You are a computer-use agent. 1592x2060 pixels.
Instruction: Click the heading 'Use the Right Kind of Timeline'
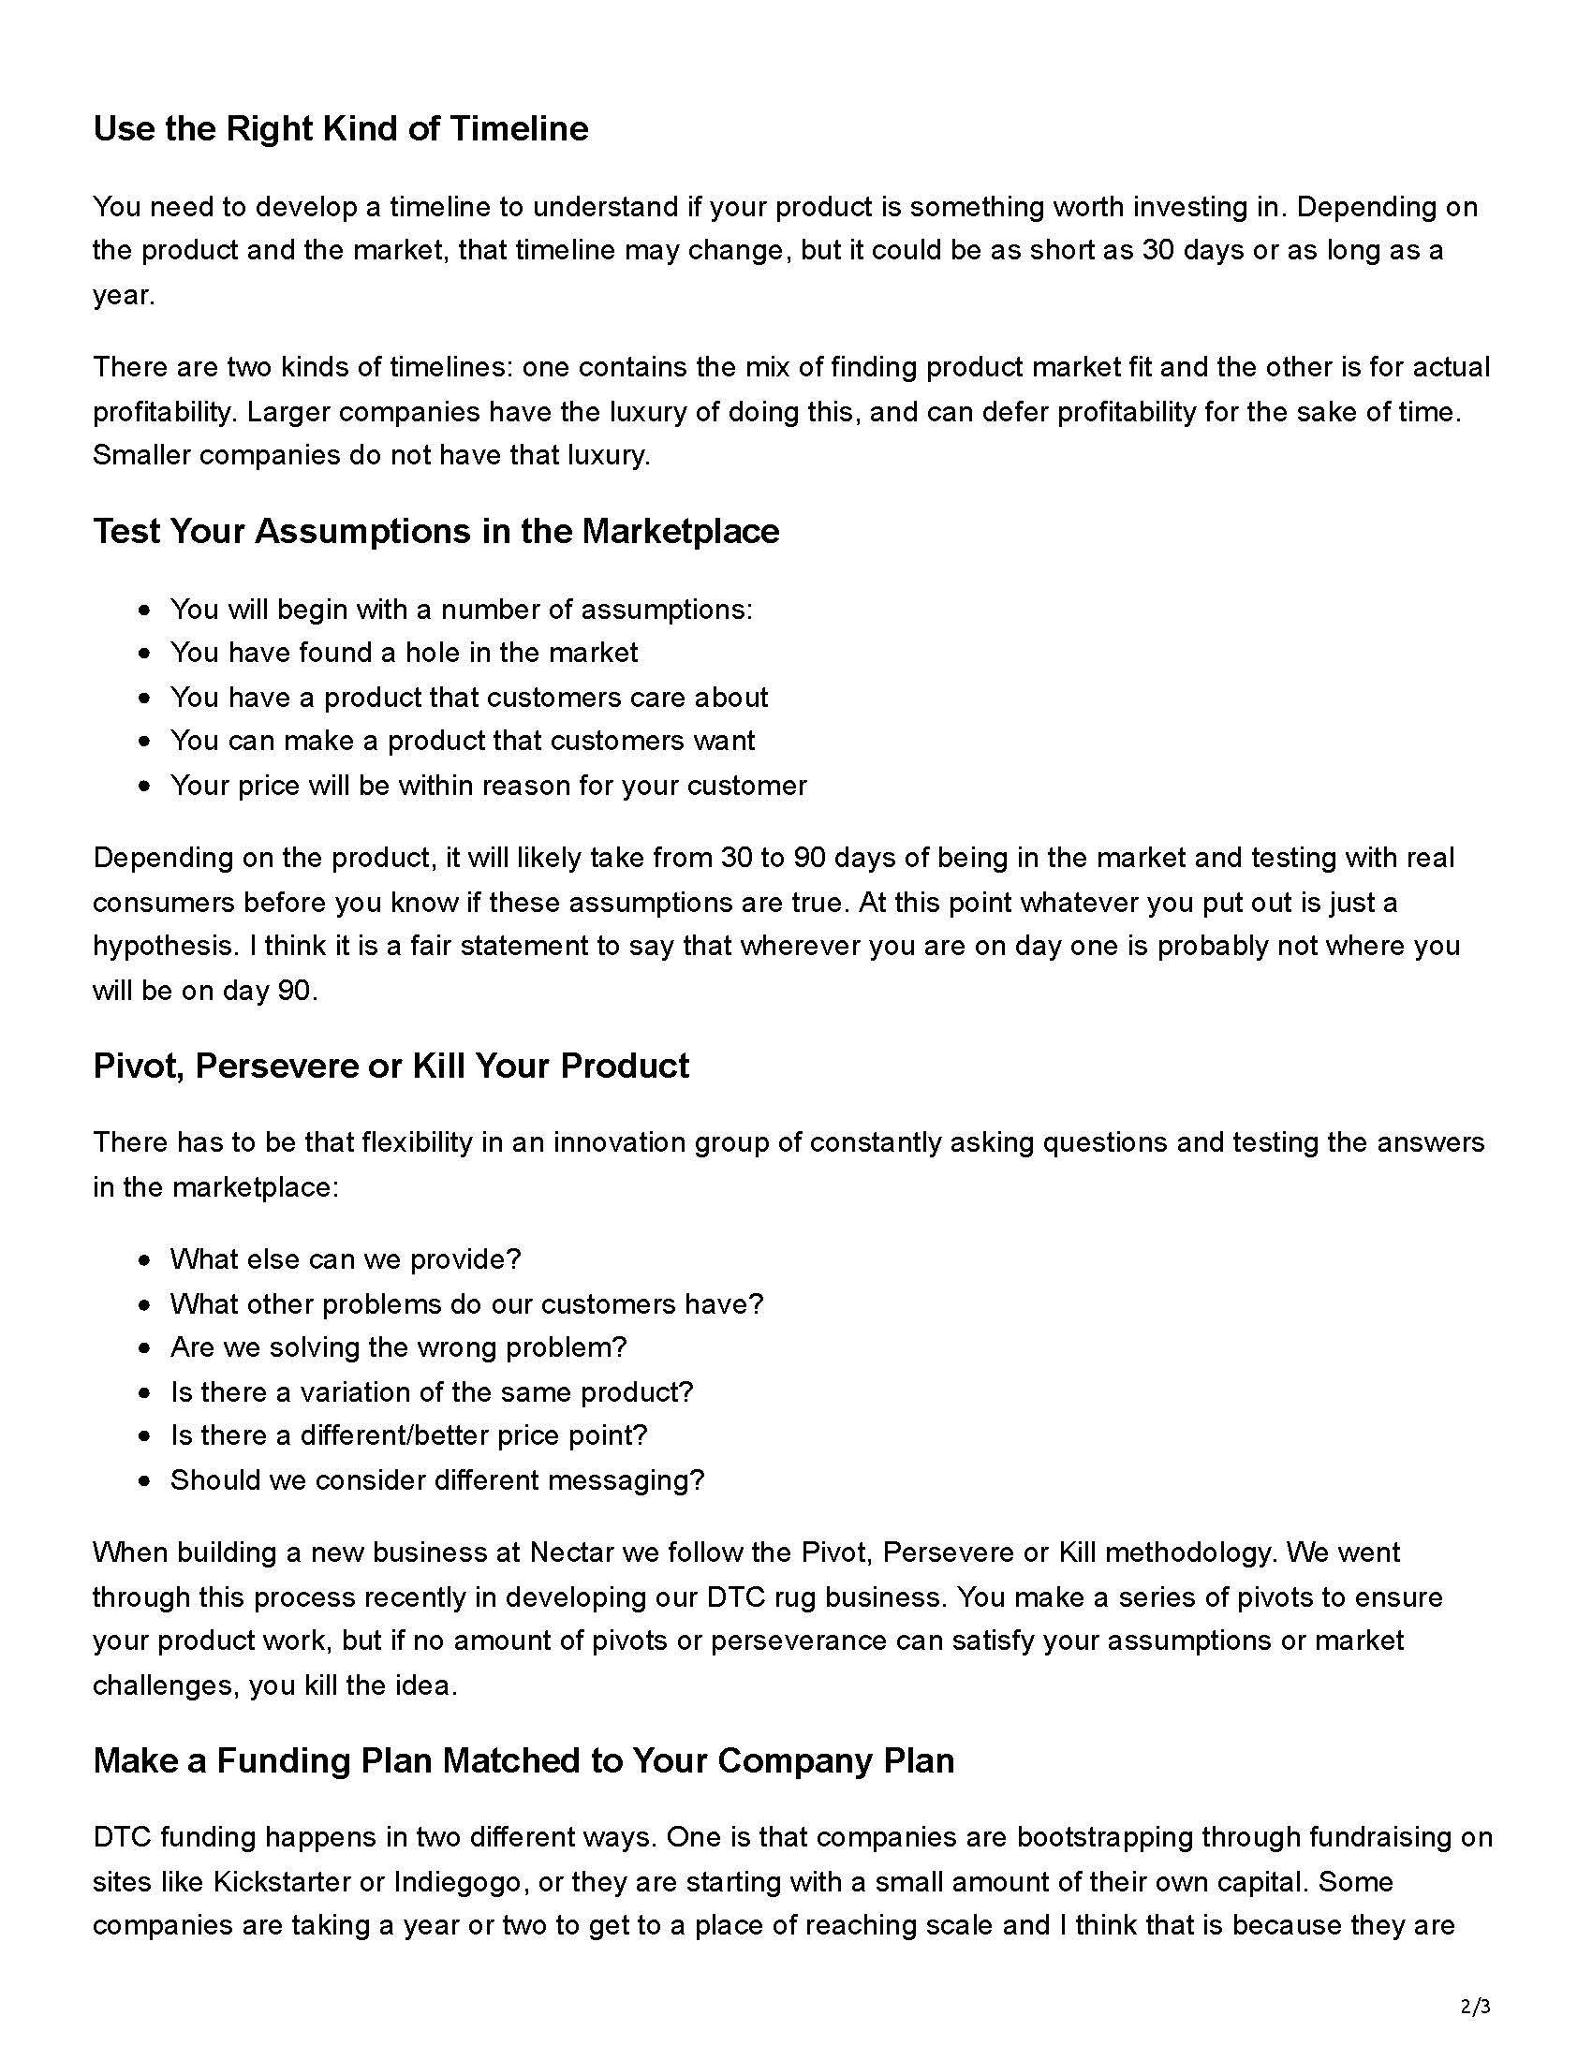(x=341, y=128)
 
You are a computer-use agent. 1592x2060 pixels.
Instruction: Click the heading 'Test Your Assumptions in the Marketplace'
(x=435, y=531)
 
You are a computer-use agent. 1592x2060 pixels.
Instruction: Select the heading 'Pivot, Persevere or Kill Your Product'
(x=391, y=1065)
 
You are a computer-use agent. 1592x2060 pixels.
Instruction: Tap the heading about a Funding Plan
(x=523, y=1760)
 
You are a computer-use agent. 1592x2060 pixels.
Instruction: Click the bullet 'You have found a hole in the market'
(x=404, y=652)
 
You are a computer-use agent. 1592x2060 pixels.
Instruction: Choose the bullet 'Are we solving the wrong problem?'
(x=398, y=1346)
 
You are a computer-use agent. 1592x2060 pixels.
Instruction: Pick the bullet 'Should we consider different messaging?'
(x=436, y=1479)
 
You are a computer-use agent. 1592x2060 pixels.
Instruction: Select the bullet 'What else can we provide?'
(x=346, y=1258)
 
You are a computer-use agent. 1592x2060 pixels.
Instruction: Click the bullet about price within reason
(x=488, y=785)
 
